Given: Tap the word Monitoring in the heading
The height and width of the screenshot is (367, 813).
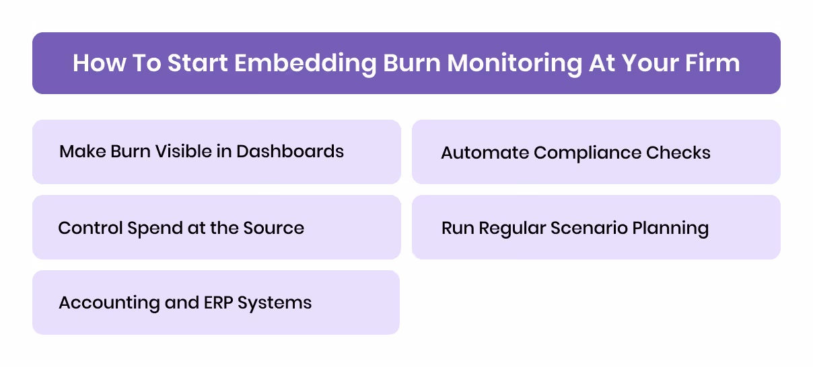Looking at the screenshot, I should point(514,63).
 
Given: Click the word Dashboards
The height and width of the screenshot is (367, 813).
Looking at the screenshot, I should point(290,151).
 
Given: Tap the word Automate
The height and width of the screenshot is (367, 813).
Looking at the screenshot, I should point(485,153).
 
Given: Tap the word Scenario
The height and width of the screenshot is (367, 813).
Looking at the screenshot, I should point(590,228).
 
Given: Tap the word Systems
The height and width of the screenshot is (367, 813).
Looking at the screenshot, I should point(278,303).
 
